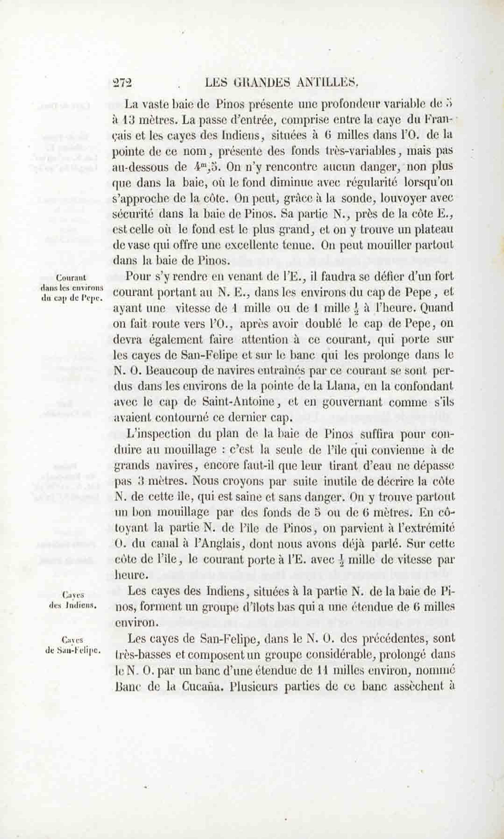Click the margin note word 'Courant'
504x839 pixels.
[71, 278]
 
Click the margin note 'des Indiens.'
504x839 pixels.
[73, 606]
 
